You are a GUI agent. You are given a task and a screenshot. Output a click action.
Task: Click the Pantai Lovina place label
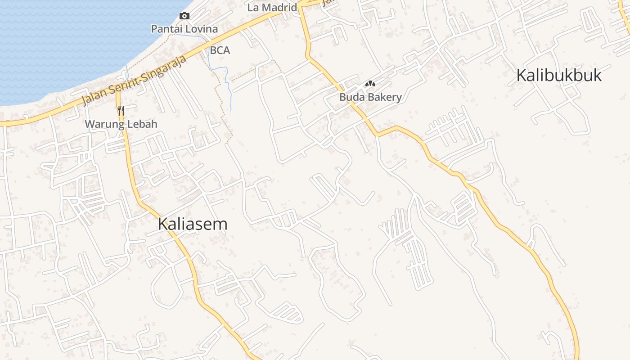click(x=184, y=29)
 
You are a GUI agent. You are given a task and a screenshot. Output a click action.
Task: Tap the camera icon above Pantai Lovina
click(x=184, y=16)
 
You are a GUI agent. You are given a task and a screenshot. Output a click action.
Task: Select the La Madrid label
click(x=272, y=8)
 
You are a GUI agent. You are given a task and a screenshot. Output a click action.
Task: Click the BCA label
click(x=220, y=50)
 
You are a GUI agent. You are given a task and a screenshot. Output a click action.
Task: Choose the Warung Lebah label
click(x=121, y=124)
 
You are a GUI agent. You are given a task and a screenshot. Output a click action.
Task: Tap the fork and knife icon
click(x=121, y=110)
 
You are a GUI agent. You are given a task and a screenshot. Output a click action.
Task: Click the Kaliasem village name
click(x=193, y=224)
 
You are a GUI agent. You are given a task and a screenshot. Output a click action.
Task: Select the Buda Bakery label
click(x=370, y=97)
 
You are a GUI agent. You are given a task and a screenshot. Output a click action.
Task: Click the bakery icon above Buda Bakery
click(x=370, y=84)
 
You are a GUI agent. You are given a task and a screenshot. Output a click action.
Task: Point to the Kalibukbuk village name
click(x=558, y=76)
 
